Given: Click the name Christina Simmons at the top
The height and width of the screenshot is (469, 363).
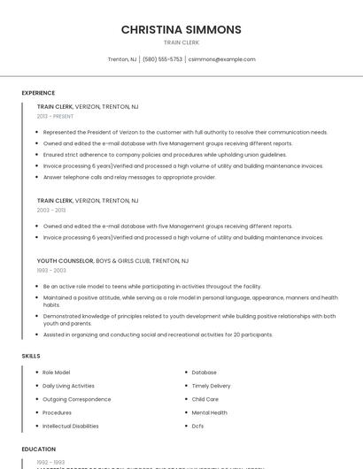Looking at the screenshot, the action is [x=181, y=29].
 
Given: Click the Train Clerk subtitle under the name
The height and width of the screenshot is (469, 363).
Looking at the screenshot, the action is [x=181, y=42].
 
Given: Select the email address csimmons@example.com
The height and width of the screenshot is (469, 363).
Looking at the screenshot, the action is [x=221, y=59].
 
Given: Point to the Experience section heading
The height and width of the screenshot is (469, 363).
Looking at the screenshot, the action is [x=38, y=93].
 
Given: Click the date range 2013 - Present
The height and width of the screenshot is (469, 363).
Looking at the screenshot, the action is [x=55, y=116].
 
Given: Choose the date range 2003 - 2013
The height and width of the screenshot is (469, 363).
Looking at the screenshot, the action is [x=51, y=211].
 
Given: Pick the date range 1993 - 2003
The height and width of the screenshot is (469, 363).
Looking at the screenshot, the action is [x=51, y=271].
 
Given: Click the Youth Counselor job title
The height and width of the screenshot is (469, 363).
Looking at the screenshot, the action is [x=65, y=261].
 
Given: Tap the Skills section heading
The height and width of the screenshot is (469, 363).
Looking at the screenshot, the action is [x=31, y=356].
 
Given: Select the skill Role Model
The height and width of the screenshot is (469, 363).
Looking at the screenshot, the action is [x=57, y=373].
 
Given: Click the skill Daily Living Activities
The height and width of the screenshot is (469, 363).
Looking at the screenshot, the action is [x=68, y=386].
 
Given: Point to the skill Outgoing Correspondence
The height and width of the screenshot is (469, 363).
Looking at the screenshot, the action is [x=77, y=399].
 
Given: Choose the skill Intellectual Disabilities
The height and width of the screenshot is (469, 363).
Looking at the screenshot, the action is [x=71, y=426].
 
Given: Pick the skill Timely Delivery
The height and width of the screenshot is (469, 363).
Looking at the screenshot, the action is [x=211, y=386].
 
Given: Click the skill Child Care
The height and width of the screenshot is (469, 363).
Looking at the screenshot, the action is [x=205, y=399].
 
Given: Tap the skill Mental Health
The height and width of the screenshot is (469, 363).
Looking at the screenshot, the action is [x=209, y=412].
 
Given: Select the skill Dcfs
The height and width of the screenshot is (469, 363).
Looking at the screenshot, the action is [x=197, y=426].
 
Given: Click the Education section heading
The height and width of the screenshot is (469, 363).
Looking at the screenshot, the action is [x=39, y=450].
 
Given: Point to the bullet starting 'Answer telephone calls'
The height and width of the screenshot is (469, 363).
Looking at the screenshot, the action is [x=129, y=177].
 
